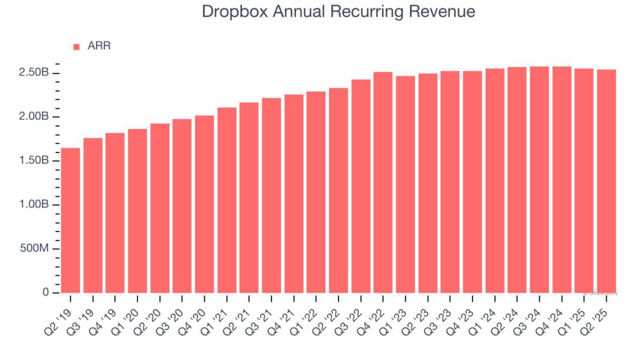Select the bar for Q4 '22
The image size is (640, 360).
click(x=383, y=182)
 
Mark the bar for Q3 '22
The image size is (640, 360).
click(x=361, y=186)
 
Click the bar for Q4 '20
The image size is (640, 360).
click(x=204, y=204)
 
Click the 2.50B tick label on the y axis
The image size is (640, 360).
click(x=34, y=73)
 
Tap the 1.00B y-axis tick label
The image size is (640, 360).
click(x=34, y=205)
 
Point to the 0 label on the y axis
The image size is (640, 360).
click(x=46, y=293)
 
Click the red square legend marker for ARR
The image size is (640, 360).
click(x=76, y=47)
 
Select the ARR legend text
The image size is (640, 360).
click(x=99, y=46)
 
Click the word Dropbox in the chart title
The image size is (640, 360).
click(x=232, y=11)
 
